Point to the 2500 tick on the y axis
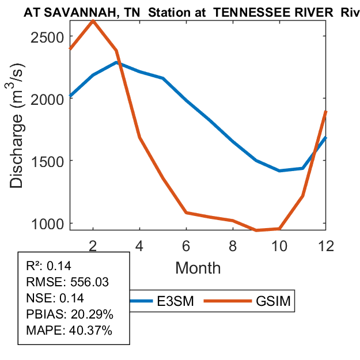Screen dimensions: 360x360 click(x=48, y=36)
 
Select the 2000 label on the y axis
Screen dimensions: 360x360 click(x=48, y=98)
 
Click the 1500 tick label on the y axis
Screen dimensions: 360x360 click(x=48, y=161)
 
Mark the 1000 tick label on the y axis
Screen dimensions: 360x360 click(x=48, y=223)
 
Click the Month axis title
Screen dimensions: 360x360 click(x=198, y=267)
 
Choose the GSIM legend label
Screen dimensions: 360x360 click(x=272, y=301)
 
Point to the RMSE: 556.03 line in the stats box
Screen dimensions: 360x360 click(x=68, y=282)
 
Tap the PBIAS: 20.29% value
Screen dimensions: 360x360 click(x=70, y=314)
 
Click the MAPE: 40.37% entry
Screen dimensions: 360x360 click(x=69, y=331)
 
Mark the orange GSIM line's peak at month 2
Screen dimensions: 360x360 click(x=93, y=21)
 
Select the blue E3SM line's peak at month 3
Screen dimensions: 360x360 click(x=116, y=62)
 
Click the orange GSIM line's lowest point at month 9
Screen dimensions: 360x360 click(x=256, y=230)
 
